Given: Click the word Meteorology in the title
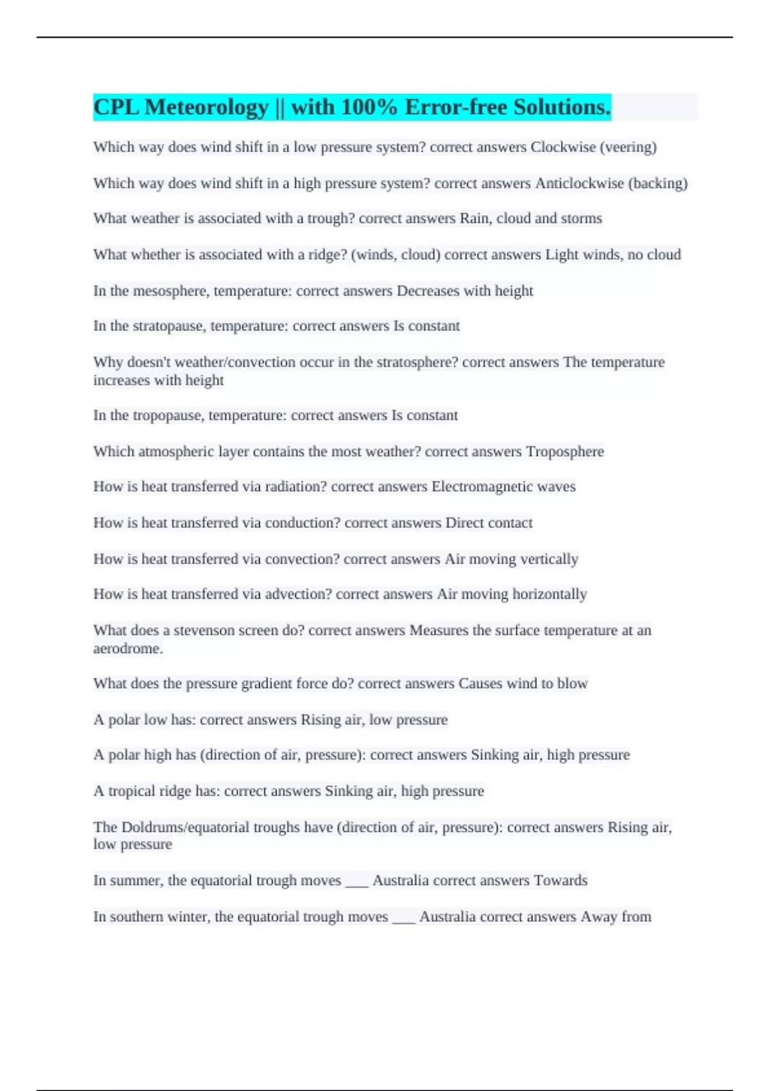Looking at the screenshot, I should tap(206, 107).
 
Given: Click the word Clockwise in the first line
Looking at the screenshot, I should tap(563, 147).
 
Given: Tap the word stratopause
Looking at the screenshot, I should tap(169, 326).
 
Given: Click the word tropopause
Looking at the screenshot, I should tap(168, 415).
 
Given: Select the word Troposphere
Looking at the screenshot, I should tap(565, 452).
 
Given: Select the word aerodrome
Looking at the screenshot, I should tap(127, 648).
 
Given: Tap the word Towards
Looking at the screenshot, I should tap(560, 881).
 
